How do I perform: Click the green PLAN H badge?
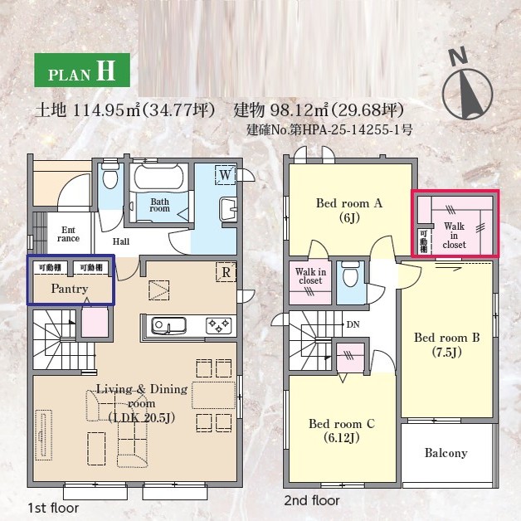(x=82, y=71)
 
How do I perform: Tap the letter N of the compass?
(x=458, y=56)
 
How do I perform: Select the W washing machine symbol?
(x=226, y=175)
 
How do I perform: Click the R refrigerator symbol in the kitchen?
(x=226, y=272)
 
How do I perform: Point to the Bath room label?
(x=159, y=205)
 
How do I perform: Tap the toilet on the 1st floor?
(x=110, y=177)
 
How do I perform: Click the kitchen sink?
(x=168, y=325)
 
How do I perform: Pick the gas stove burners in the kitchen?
(x=219, y=325)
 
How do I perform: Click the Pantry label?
(x=70, y=289)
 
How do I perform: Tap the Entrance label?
(x=68, y=234)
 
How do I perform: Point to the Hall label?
(x=121, y=241)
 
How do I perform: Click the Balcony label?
(x=446, y=453)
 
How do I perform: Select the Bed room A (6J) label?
(x=349, y=210)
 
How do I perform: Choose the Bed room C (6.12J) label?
(x=342, y=431)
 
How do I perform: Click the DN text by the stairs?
(x=353, y=324)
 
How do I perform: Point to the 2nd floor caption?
(x=312, y=500)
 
